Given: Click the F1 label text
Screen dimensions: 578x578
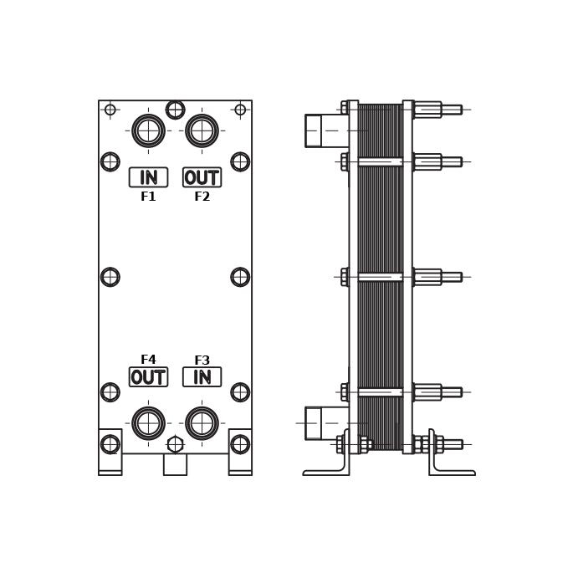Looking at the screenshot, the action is (x=148, y=197).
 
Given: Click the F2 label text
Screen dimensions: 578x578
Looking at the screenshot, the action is (x=202, y=197).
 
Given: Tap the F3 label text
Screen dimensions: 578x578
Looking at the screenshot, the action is (x=202, y=360).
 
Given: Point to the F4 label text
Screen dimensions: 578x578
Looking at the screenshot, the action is (x=148, y=360).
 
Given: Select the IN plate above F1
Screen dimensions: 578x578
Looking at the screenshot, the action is (x=149, y=177).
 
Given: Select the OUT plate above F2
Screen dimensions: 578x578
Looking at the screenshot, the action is (x=202, y=177).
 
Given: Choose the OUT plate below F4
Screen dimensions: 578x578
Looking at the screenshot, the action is (x=149, y=376).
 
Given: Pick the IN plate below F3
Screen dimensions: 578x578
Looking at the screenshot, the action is (x=202, y=376).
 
